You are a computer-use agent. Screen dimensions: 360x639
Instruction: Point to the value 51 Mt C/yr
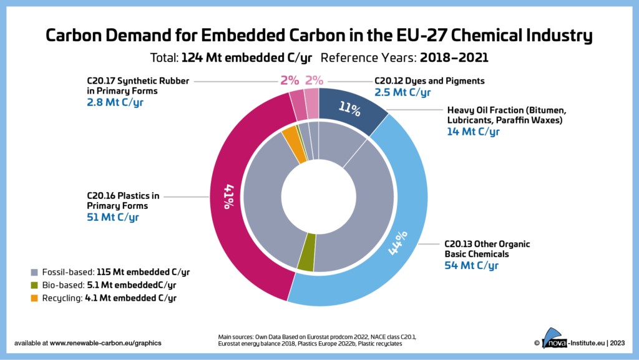point(113,217)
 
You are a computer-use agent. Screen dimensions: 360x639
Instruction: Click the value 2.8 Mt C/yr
point(115,102)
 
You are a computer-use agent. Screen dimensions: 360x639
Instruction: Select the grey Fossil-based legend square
point(34,273)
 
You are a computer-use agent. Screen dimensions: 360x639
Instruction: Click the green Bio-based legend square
point(34,285)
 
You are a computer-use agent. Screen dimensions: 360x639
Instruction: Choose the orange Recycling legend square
point(34,298)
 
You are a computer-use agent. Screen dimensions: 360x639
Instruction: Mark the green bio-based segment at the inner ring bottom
point(305,261)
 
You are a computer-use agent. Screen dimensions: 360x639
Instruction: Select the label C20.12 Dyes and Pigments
point(429,80)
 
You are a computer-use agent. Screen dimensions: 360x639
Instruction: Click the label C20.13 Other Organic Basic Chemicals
point(487,248)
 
